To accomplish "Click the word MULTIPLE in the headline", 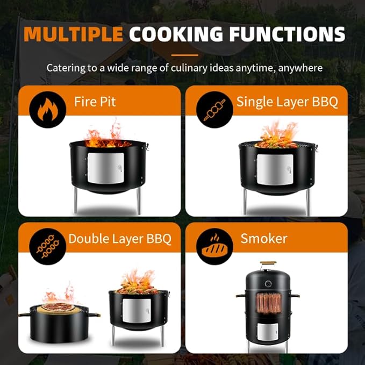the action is pos(73,34).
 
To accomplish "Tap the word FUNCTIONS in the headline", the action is pos(287,34).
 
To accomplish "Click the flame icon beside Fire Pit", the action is pos(48,110).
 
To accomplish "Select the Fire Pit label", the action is pos(95,102).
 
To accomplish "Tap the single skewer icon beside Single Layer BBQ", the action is pos(214,110).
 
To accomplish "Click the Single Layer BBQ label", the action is pos(287,102).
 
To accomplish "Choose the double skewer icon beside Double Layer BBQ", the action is pos(48,246).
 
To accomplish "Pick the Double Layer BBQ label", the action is pos(120,239).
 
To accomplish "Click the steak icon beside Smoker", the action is pos(214,247).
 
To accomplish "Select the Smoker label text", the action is pos(264,239).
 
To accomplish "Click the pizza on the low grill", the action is pos(58,307).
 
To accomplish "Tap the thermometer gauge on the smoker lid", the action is pos(268,284).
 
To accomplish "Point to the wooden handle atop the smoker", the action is pos(268,263).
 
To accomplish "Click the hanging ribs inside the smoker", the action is pos(269,303).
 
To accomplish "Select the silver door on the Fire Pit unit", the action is pos(106,168).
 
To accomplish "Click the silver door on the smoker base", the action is pos(268,332).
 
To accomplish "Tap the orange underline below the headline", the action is pos(185,55).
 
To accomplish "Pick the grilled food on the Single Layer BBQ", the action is pos(276,142).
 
